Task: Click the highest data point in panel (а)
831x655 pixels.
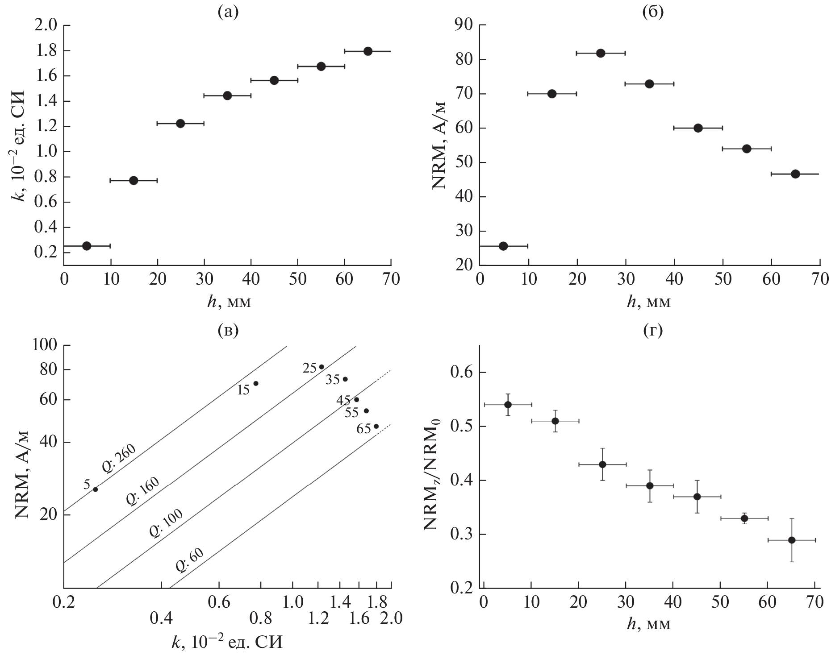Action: [367, 51]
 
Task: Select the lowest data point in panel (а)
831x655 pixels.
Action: [87, 246]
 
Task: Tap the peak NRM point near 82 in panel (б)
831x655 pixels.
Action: [601, 53]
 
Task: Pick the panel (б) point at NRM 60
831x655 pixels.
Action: [698, 128]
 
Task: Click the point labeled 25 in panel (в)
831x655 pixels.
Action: [322, 367]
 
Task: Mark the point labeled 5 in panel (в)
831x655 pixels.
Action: [95, 489]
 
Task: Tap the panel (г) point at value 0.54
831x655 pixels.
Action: [508, 405]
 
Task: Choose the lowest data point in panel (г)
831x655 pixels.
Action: [792, 540]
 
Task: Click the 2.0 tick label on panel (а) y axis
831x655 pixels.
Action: [46, 25]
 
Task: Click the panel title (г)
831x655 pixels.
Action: [652, 331]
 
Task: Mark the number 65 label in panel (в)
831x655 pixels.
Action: [363, 429]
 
